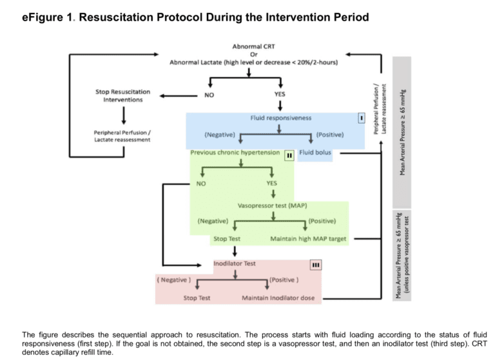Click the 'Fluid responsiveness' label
click(x=280, y=118)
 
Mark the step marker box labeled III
click(x=315, y=264)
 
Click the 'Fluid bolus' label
click(x=315, y=153)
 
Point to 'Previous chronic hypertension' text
click(x=235, y=153)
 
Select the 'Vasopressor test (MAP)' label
click(x=272, y=206)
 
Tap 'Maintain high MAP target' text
click(x=308, y=239)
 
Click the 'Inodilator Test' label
click(x=235, y=263)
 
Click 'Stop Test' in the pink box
click(x=197, y=298)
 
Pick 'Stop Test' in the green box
click(x=226, y=239)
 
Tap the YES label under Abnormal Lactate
click(x=280, y=95)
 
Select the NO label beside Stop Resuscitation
click(x=209, y=95)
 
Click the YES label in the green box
click(x=272, y=183)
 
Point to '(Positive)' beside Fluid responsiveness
click(x=329, y=135)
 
